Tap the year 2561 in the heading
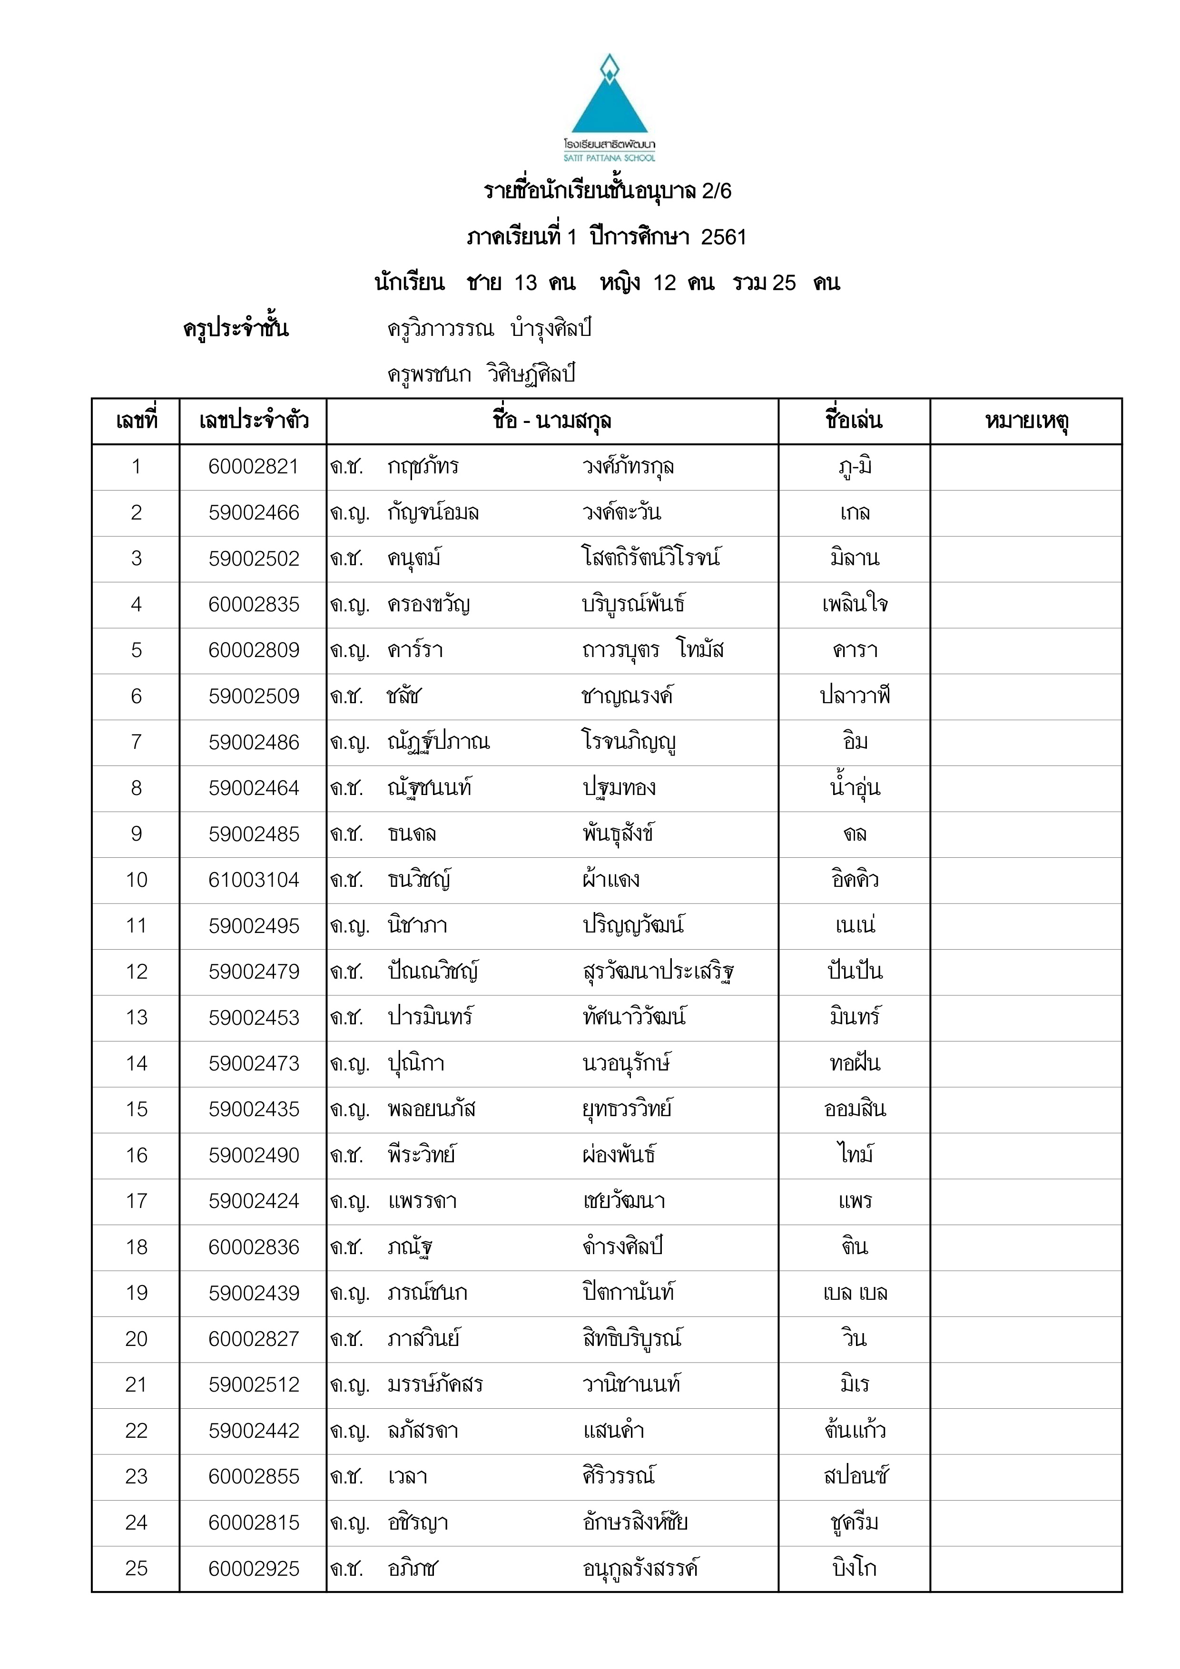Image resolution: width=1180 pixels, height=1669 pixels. (723, 237)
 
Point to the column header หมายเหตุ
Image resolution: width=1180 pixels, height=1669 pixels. (1026, 421)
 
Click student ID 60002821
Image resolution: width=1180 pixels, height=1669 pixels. (253, 467)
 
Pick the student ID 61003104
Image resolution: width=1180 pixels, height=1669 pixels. (253, 880)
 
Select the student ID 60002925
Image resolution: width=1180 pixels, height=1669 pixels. (253, 1569)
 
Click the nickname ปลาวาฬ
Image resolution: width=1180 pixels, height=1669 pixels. (854, 696)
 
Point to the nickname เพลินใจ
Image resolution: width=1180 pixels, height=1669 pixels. (854, 604)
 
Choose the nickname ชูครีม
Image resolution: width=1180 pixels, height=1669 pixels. (854, 1522)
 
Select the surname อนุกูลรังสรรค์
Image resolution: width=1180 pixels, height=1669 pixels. (640, 1569)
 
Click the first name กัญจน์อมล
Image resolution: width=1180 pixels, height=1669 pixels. (433, 512)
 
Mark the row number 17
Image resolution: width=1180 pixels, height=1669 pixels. (136, 1201)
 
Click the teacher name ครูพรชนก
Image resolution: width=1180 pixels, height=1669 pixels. (429, 374)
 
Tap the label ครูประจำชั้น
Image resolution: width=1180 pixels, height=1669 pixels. (236, 329)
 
